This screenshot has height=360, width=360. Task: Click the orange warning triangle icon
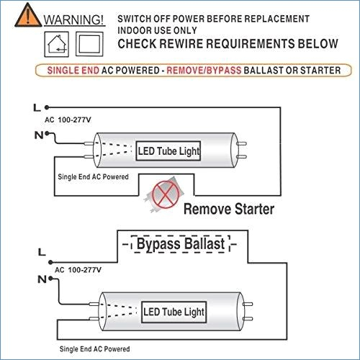[x=28, y=15]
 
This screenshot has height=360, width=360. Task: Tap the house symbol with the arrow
[x=57, y=44]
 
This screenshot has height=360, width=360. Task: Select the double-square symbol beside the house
[x=89, y=44]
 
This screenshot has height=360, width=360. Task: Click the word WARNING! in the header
[x=73, y=19]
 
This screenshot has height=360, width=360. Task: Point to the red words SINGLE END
[x=73, y=71]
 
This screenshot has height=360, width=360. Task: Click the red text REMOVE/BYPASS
[x=204, y=71]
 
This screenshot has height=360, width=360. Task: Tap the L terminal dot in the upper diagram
[x=47, y=107]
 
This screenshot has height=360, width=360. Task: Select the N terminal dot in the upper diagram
[x=47, y=133]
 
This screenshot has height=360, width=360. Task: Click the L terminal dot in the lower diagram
[x=50, y=262]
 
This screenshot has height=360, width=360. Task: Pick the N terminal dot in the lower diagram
[x=50, y=279]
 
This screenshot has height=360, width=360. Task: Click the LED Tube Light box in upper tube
[x=168, y=151]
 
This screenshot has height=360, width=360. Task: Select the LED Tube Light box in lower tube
[x=174, y=312]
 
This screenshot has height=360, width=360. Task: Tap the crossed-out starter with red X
[x=165, y=194]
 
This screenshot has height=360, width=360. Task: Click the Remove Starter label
[x=229, y=209]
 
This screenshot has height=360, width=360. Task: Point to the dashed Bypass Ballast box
[x=181, y=244]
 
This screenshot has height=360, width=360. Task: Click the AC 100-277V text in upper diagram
[x=68, y=120]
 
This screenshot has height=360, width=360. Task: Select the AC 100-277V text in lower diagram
[x=78, y=270]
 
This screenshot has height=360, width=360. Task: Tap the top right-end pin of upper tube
[x=241, y=144]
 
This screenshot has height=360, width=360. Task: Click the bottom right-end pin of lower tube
[x=248, y=319]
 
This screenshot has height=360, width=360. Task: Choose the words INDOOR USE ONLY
[x=157, y=30]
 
